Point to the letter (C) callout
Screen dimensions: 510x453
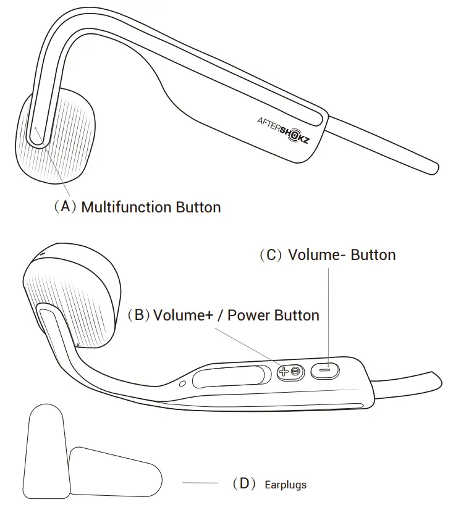pos(271,255)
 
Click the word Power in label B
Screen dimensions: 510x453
pos(249,315)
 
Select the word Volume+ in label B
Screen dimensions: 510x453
pos(183,315)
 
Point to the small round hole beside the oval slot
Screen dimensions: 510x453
pos(182,383)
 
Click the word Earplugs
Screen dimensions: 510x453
pos(285,485)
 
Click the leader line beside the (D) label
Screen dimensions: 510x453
pos(200,482)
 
